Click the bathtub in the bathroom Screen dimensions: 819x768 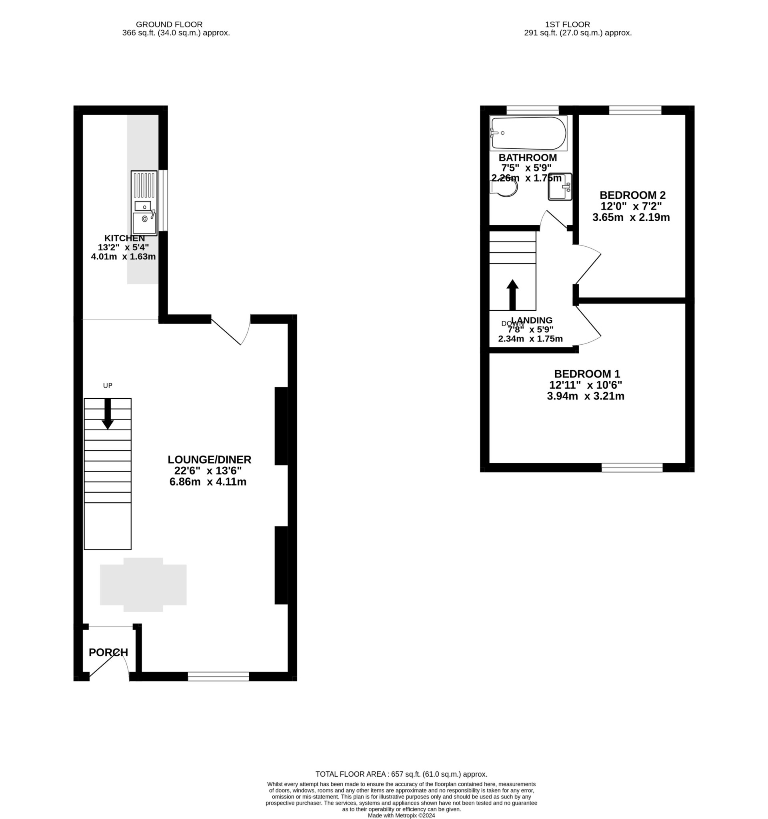(x=528, y=133)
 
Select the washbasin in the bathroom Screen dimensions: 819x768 (x=560, y=187)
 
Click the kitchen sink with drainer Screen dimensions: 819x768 (x=144, y=203)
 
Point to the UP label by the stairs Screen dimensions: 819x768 (x=108, y=386)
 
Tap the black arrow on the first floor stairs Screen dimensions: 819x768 (x=512, y=295)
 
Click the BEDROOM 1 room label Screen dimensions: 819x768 (x=586, y=374)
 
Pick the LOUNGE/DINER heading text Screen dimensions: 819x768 (x=209, y=459)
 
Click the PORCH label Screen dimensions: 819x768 (x=108, y=653)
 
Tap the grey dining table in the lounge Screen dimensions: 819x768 (x=143, y=585)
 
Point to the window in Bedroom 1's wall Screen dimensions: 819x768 (x=632, y=467)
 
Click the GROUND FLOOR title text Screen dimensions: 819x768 (x=169, y=25)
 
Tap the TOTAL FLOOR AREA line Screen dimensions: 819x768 (x=401, y=774)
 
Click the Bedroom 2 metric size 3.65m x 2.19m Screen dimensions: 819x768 (x=631, y=217)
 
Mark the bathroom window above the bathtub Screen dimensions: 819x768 (x=532, y=110)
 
